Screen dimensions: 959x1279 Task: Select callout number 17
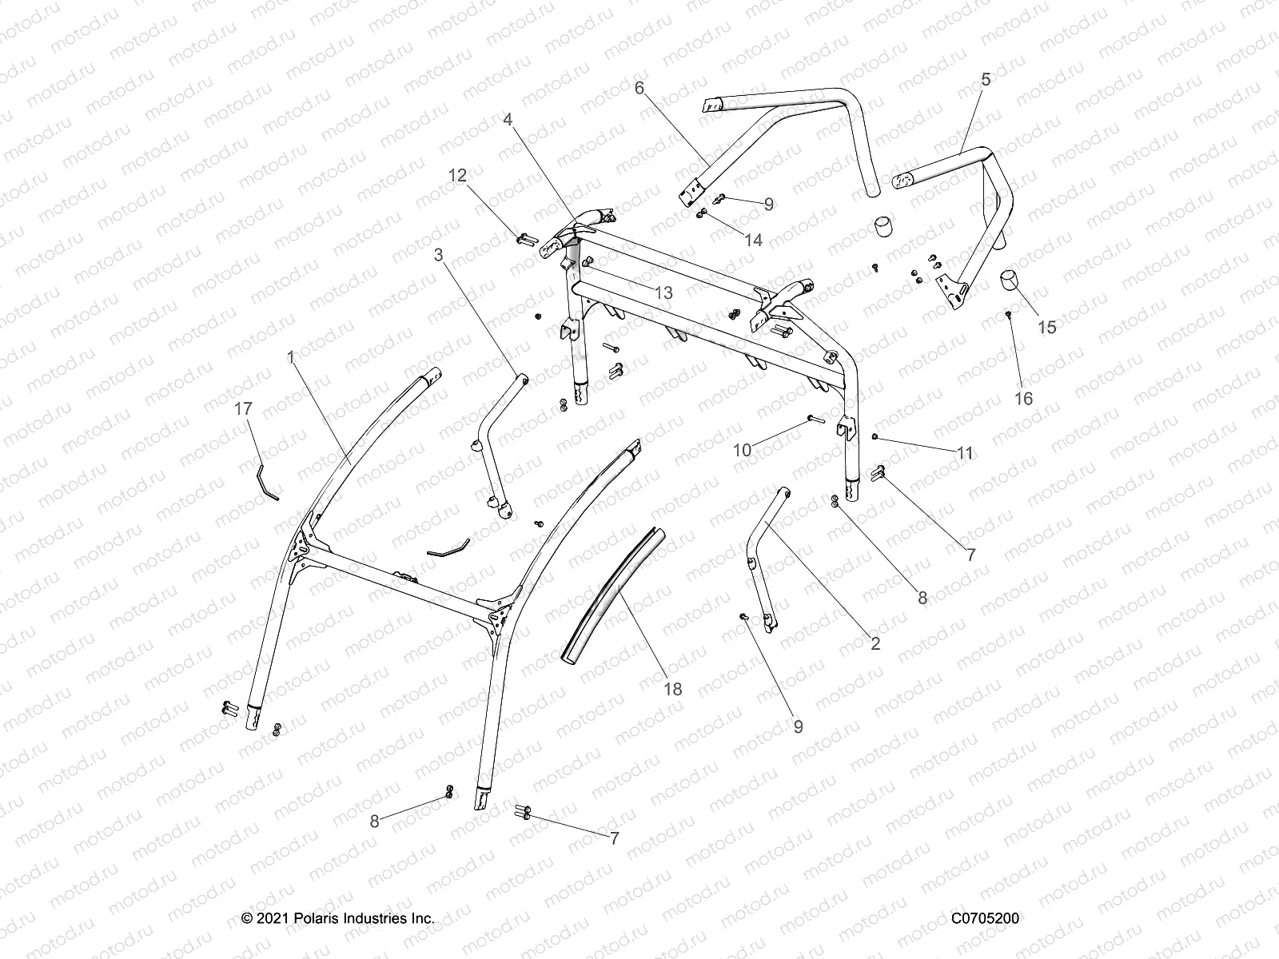(x=243, y=409)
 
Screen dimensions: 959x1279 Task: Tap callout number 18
(x=673, y=688)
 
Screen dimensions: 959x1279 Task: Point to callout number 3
(x=438, y=255)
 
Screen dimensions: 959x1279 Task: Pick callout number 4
(x=508, y=119)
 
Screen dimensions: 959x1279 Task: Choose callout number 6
(x=639, y=88)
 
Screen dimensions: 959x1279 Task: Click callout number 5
(x=985, y=79)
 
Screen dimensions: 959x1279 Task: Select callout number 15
(x=1046, y=327)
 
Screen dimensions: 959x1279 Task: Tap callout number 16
(x=1023, y=398)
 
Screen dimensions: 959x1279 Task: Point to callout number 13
(x=663, y=293)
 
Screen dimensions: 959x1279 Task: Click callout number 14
(x=754, y=240)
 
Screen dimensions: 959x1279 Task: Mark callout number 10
(x=743, y=450)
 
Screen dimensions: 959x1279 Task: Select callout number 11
(x=965, y=453)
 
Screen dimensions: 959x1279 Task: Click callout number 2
(x=875, y=643)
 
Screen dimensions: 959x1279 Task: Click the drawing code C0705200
(x=985, y=919)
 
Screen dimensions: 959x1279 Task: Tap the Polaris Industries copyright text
(x=338, y=919)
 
